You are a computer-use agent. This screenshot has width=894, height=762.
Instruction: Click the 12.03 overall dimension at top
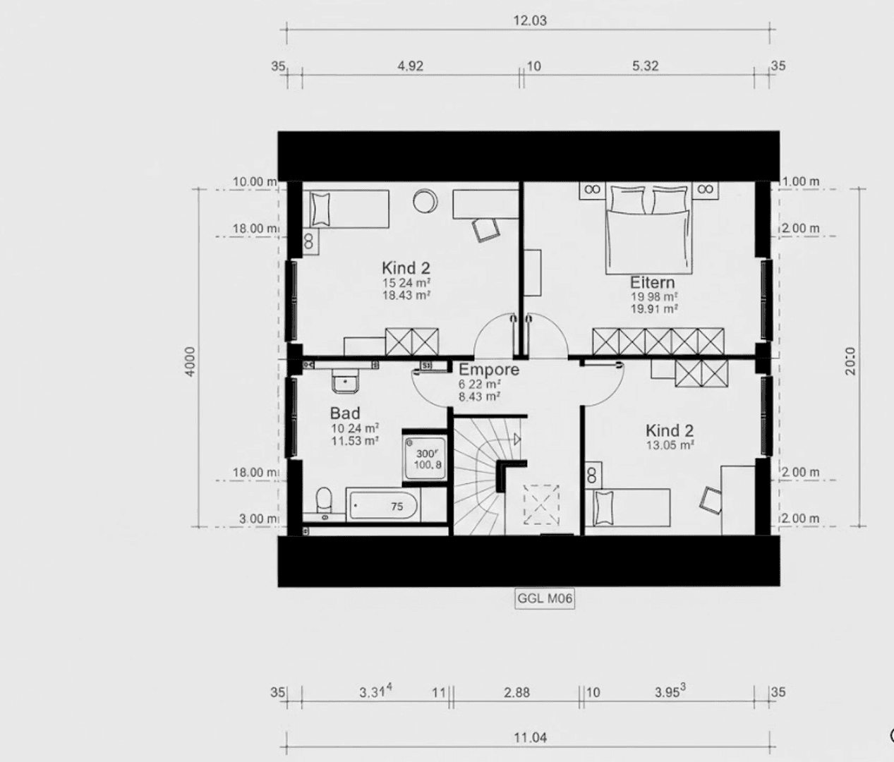(x=529, y=20)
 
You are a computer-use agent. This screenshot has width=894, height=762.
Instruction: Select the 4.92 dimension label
(x=410, y=66)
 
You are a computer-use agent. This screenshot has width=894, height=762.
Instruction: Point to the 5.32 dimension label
(x=645, y=66)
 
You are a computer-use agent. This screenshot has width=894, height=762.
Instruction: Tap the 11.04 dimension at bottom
(x=530, y=738)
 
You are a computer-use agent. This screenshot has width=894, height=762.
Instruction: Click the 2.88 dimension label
(x=517, y=693)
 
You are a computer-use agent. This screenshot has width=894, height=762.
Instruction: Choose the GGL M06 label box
(x=545, y=599)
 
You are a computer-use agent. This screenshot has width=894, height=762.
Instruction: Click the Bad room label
(x=345, y=413)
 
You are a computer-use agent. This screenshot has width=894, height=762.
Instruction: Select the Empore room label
(x=488, y=370)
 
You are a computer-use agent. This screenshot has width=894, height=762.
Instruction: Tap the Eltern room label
(x=652, y=282)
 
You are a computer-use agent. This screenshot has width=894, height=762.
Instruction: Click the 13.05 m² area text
(x=670, y=445)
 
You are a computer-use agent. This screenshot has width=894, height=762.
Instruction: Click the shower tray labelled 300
(x=425, y=459)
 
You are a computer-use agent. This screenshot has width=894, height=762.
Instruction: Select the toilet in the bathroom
(x=323, y=502)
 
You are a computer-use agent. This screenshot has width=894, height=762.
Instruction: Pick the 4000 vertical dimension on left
(x=191, y=361)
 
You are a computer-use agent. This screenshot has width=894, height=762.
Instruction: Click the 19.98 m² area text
(x=654, y=297)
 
